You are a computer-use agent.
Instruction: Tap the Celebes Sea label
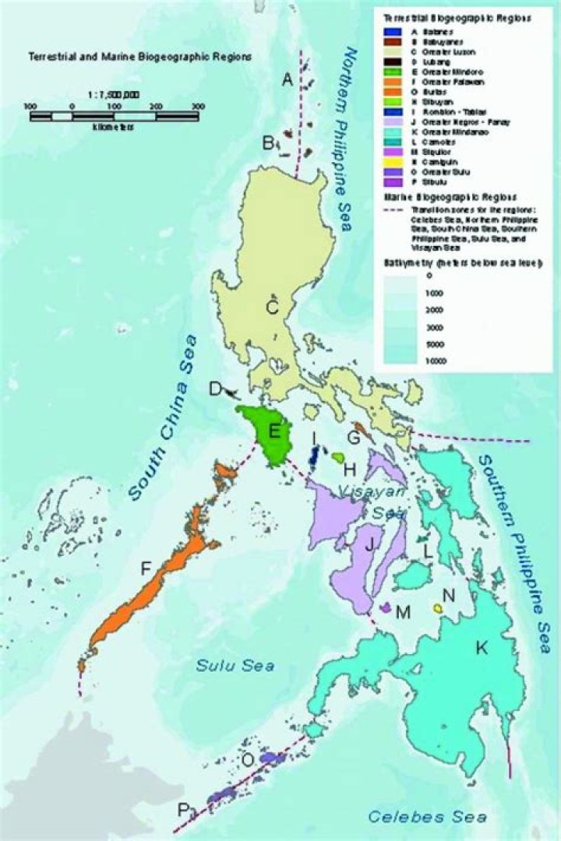[x=427, y=816]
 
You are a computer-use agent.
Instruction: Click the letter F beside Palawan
[x=145, y=569]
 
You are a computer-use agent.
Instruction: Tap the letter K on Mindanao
[x=482, y=648]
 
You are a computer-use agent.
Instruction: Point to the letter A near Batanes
[x=287, y=79]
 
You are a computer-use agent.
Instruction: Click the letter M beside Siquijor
[x=402, y=612]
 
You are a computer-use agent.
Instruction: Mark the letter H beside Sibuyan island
[x=350, y=469]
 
